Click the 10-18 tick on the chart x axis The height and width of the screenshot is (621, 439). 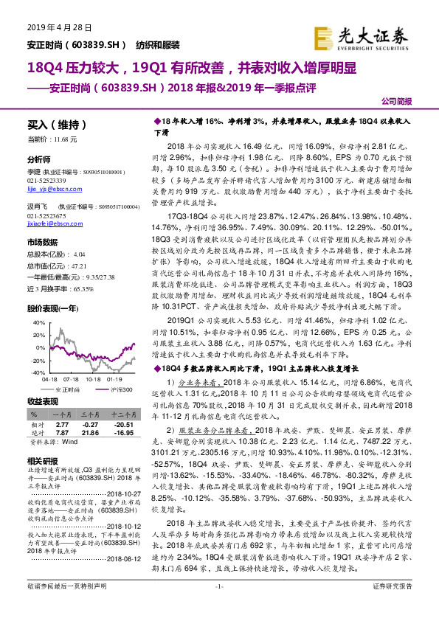click(x=75, y=380)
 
